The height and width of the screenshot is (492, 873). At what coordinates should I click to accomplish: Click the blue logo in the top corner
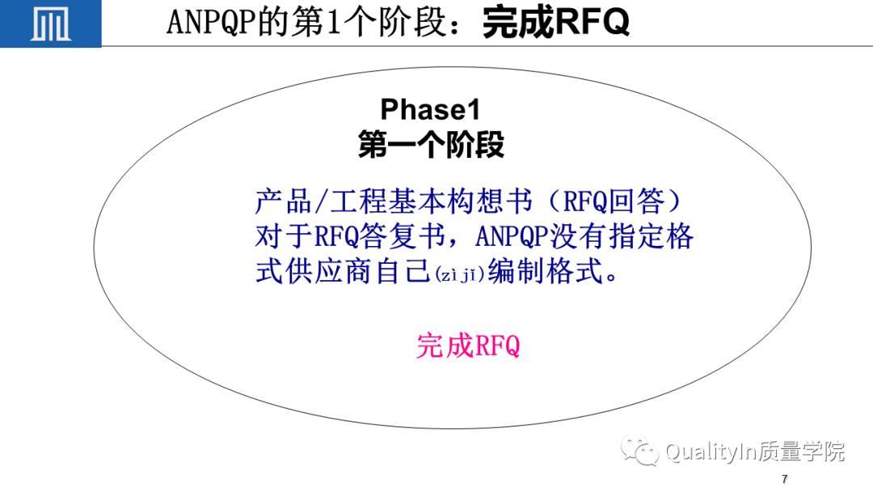coord(51,23)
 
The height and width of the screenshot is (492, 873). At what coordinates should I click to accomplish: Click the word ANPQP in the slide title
coord(212,23)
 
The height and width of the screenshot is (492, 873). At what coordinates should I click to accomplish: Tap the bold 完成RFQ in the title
coord(555,23)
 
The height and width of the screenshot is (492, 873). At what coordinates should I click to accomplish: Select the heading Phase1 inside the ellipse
coord(430,109)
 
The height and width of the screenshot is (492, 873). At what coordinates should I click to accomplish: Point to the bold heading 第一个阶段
coord(431,144)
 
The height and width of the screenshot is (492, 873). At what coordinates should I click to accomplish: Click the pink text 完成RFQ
coord(468,346)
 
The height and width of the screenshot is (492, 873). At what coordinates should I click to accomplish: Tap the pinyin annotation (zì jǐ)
coord(459,274)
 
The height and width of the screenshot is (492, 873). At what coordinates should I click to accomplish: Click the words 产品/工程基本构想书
coord(394,201)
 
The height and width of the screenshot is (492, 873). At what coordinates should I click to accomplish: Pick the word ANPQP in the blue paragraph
coord(512,237)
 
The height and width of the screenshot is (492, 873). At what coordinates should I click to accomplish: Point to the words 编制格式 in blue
coord(546,272)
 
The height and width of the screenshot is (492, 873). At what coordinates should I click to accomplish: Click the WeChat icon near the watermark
coord(639,451)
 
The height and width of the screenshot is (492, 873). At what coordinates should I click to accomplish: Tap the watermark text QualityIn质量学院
coord(755,452)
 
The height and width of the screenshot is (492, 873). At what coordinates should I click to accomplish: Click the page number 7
coord(784,478)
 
